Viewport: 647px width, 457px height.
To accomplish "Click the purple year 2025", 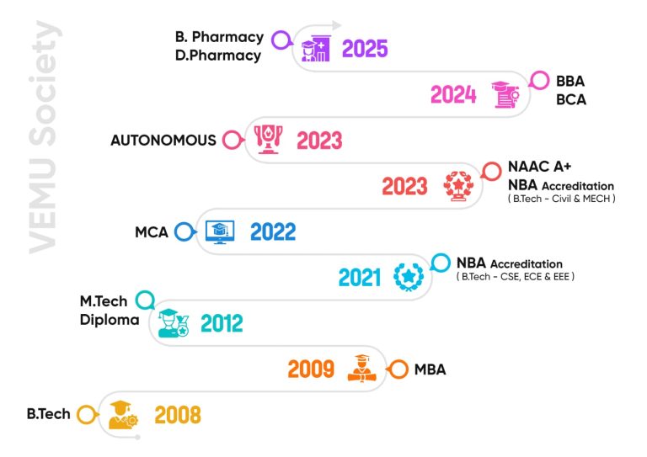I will point(365,48).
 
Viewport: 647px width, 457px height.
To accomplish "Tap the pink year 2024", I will point(453,95).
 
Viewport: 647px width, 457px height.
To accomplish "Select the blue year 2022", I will point(273,231).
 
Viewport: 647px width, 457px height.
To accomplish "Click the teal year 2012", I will point(221,323).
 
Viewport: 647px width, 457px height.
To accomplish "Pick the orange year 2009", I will point(311,369).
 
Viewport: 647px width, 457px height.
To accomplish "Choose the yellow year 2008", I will point(177,415).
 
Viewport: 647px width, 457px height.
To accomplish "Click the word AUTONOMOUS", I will point(163,141).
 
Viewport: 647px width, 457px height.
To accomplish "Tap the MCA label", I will point(152,231).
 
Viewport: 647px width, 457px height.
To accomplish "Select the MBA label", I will point(430,369).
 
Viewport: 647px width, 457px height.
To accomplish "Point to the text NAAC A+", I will point(540,167).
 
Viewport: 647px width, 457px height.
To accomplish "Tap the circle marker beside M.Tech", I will point(145,300).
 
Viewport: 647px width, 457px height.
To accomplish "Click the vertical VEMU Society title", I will point(42,136).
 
